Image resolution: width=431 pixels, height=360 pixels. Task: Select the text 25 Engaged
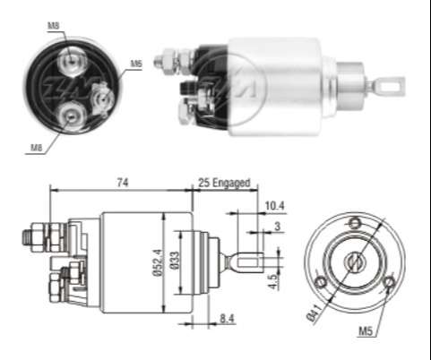[x=224, y=182]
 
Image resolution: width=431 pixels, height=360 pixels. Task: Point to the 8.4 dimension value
[x=228, y=317]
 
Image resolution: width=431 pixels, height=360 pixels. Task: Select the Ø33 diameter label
[x=177, y=262]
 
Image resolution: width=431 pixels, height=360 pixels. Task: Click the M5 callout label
[x=366, y=333]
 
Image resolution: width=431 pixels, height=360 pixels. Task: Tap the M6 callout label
[x=136, y=64]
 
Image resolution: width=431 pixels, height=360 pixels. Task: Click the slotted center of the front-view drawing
[x=355, y=261]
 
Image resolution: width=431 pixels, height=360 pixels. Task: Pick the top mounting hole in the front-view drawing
[x=355, y=222]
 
